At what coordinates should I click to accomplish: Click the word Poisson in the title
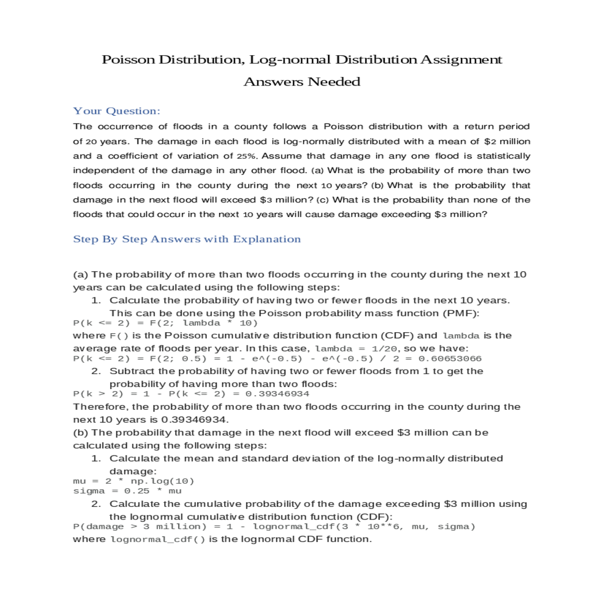pyautogui.click(x=128, y=60)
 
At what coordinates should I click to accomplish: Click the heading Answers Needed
pyautogui.click(x=302, y=82)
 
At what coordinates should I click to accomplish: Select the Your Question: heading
pyautogui.click(x=116, y=111)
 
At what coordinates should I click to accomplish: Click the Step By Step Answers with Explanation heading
pyautogui.click(x=187, y=239)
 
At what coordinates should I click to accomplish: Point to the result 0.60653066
pyautogui.click(x=450, y=359)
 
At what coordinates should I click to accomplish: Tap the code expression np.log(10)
pyautogui.click(x=162, y=481)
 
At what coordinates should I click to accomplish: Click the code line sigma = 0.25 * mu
pyautogui.click(x=127, y=491)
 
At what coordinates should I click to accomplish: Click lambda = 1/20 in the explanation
pyautogui.click(x=356, y=348)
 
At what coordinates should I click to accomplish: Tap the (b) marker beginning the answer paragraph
pyautogui.click(x=81, y=433)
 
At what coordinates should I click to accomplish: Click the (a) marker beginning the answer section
pyautogui.click(x=81, y=275)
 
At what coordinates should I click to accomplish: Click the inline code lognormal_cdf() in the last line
pyautogui.click(x=158, y=540)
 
